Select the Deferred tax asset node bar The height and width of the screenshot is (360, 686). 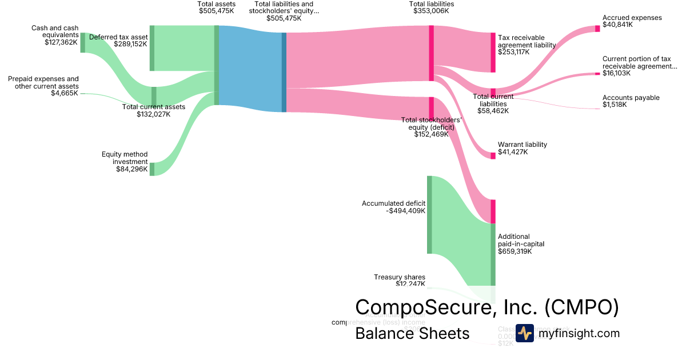pyautogui.click(x=152, y=48)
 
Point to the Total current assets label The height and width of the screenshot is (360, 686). pyautogui.click(x=154, y=107)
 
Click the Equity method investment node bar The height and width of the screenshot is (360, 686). pyautogui.click(x=152, y=169)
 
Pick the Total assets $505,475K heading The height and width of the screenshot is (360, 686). pyautogui.click(x=216, y=7)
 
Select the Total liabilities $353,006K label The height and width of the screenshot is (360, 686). pyautogui.click(x=432, y=7)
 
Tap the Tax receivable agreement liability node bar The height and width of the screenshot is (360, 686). pyautogui.click(x=493, y=53)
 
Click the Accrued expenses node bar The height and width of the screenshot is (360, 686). pyautogui.click(x=597, y=29)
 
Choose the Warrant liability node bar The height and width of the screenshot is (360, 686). pyautogui.click(x=493, y=155)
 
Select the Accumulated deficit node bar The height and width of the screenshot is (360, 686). pyautogui.click(x=429, y=214)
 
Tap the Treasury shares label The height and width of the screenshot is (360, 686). pyautogui.click(x=400, y=277)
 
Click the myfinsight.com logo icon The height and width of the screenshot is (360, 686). pyautogui.click(x=524, y=333)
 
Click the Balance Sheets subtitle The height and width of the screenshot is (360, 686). pyautogui.click(x=412, y=333)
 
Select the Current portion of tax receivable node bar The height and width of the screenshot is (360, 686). pyautogui.click(x=597, y=74)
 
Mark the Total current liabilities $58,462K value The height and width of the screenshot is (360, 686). pyautogui.click(x=493, y=111)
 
